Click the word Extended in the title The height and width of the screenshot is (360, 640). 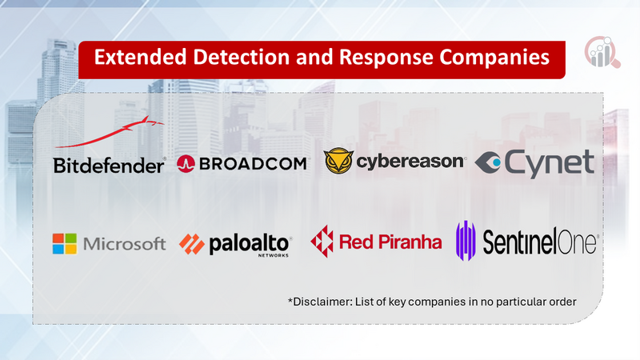(x=141, y=57)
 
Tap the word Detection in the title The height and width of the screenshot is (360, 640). (x=242, y=57)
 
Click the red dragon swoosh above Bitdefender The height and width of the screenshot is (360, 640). (x=110, y=131)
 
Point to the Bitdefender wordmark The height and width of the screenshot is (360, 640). (x=109, y=166)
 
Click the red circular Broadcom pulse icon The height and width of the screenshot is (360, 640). (x=186, y=164)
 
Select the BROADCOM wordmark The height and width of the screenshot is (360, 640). (x=253, y=164)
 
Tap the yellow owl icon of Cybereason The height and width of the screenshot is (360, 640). (x=338, y=162)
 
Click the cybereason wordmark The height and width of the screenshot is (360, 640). (x=410, y=162)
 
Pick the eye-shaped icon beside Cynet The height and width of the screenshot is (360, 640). (x=488, y=162)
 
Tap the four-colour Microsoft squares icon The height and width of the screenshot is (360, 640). (x=65, y=244)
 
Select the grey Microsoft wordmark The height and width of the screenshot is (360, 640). (x=125, y=244)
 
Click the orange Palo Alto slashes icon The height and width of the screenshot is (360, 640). (x=192, y=244)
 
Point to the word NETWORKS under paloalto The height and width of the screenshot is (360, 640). (x=273, y=255)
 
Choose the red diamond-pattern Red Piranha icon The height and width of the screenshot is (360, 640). (x=322, y=242)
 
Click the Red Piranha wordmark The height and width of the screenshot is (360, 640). (x=390, y=242)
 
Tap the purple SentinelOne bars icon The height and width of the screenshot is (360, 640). (x=466, y=241)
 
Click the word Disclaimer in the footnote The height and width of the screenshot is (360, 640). (x=319, y=302)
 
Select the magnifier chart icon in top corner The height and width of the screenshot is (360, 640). (x=602, y=52)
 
